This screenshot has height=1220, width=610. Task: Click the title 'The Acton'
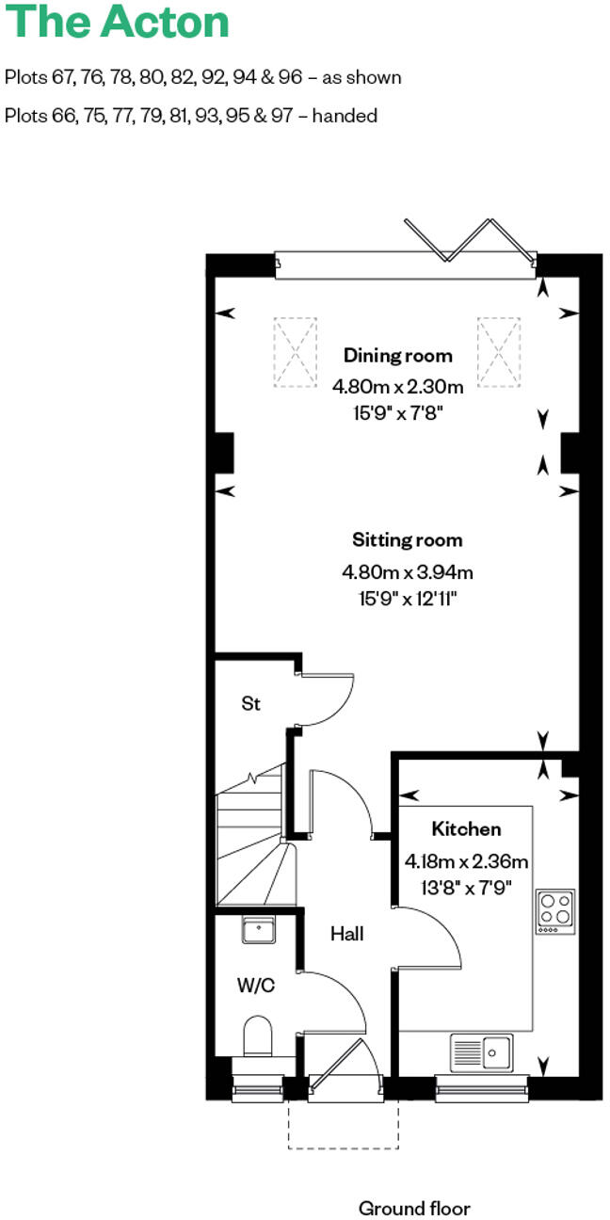(x=118, y=22)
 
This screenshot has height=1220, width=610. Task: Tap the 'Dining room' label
(x=397, y=356)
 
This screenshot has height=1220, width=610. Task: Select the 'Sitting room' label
(x=407, y=540)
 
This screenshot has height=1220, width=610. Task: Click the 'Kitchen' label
(x=466, y=829)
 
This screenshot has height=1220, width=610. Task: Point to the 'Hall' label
(x=346, y=934)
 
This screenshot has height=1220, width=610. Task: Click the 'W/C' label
(x=255, y=986)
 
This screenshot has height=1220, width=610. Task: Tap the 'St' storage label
(x=250, y=703)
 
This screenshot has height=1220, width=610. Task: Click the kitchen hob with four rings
(x=554, y=910)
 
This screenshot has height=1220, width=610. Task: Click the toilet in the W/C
(x=257, y=1036)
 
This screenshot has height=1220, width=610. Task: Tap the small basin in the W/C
(x=257, y=930)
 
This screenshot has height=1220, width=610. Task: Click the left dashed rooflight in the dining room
(x=296, y=352)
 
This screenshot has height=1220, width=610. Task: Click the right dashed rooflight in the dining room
(x=498, y=352)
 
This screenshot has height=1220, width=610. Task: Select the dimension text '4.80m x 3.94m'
(x=407, y=571)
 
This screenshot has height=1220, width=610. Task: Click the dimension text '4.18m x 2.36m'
(x=466, y=860)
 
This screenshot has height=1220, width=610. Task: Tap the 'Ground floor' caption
(x=414, y=1181)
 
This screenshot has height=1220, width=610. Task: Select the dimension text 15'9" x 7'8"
(x=397, y=412)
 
